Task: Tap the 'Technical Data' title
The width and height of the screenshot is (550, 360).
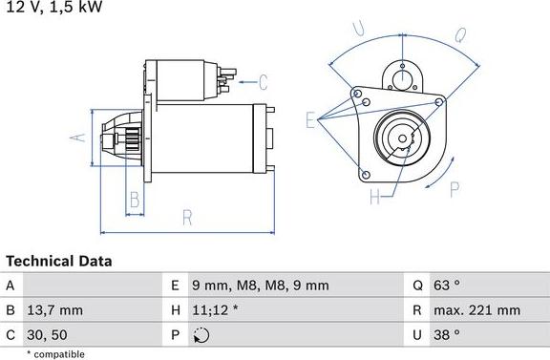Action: click(59, 261)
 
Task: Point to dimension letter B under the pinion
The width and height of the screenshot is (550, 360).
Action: click(135, 201)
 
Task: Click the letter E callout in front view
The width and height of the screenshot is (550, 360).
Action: click(310, 119)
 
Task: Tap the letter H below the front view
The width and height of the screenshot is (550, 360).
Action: click(374, 198)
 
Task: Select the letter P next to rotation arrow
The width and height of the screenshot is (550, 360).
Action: click(455, 187)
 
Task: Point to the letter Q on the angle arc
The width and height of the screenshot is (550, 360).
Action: click(459, 35)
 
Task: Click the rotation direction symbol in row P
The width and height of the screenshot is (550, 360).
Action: click(199, 335)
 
